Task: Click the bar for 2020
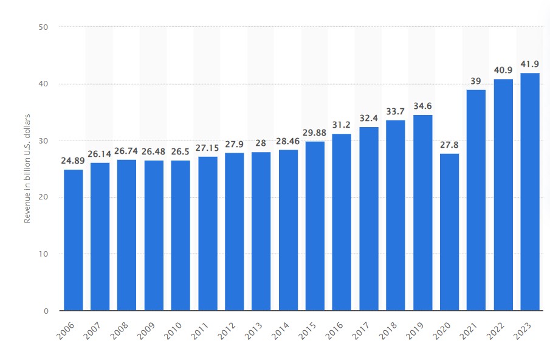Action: [x=449, y=232]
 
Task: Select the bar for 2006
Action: [x=74, y=240]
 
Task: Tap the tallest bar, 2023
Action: [x=530, y=192]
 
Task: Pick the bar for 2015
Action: [x=315, y=226]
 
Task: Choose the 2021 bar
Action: [x=476, y=200]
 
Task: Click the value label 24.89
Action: [x=73, y=161]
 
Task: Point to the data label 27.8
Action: [x=449, y=145]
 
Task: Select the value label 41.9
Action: [x=530, y=64]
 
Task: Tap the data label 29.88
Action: [x=315, y=133]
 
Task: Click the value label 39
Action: [x=476, y=81]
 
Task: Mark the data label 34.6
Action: [x=422, y=106]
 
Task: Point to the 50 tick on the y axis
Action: [x=43, y=27]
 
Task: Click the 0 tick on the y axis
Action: [x=46, y=311]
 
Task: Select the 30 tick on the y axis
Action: [x=43, y=140]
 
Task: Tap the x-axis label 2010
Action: [x=173, y=331]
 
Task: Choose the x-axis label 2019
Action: [x=414, y=331]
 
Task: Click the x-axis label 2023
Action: [x=522, y=331]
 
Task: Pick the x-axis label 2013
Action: [x=253, y=331]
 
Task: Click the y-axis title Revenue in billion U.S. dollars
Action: [x=27, y=168]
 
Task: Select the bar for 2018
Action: [x=396, y=215]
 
